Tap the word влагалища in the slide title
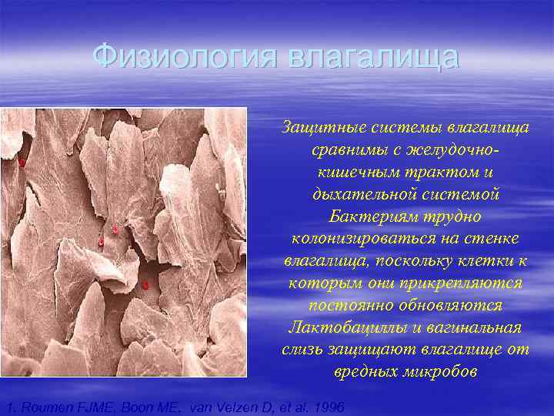pos(372,56)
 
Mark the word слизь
pos(305,351)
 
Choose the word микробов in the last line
pos(440,372)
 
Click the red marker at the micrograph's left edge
pos(23,163)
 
